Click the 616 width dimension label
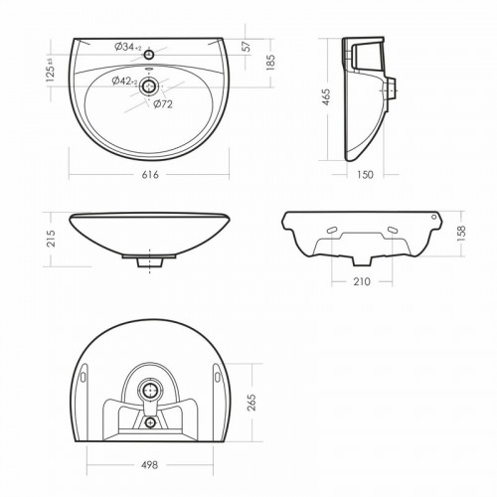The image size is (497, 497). [x=150, y=175]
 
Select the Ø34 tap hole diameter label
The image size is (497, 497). [x=128, y=47]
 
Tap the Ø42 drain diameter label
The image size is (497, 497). [x=124, y=81]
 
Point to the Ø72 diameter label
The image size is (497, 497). [x=163, y=104]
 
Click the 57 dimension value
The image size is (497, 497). [x=248, y=46]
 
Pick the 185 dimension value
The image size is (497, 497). [x=270, y=62]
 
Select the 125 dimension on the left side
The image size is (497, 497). [x=50, y=71]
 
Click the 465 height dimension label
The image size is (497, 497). [x=326, y=97]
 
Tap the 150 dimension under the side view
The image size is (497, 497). [x=365, y=175]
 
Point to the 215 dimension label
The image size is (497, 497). [x=51, y=239]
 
